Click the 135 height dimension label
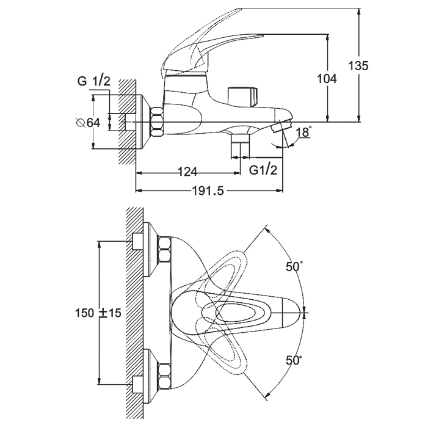click(358, 66)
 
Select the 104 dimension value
click(327, 79)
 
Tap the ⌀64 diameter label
click(88, 123)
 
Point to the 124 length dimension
click(187, 172)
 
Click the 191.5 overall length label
click(208, 191)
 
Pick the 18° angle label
click(303, 132)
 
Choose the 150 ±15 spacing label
click(98, 313)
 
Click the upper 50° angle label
click(294, 267)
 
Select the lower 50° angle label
click(294, 360)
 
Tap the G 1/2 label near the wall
click(94, 81)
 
